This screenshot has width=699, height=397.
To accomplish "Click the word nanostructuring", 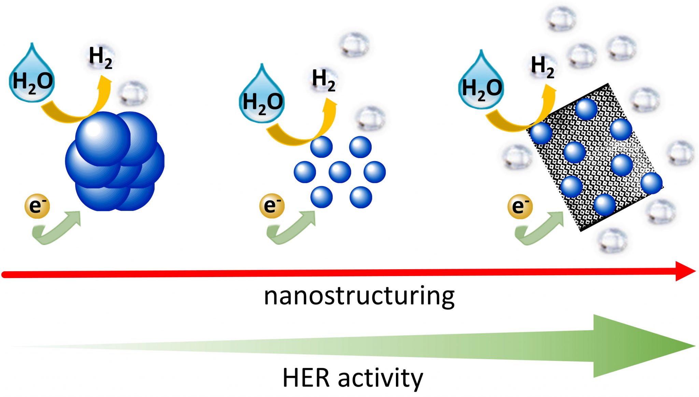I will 359,296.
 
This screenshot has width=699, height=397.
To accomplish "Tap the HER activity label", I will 353,378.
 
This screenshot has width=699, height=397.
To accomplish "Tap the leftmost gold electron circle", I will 37,206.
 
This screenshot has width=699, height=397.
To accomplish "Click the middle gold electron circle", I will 272,205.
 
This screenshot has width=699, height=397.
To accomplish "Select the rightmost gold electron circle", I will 520,206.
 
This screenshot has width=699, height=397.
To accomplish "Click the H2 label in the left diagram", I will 100,58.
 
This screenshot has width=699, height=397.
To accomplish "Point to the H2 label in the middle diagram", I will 324,80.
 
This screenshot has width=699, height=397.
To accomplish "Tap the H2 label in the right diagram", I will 542,67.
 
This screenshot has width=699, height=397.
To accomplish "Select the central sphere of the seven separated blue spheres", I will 340,172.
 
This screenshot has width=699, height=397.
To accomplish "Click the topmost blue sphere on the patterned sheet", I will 586,109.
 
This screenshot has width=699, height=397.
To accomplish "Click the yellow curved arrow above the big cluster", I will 79,109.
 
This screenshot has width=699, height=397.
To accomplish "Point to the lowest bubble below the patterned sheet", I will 613,240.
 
